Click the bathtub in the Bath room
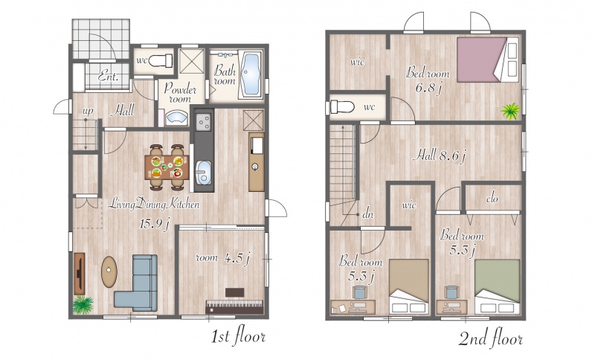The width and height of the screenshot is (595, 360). pos(251,74)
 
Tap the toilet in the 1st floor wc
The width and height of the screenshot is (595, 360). pos(161,61)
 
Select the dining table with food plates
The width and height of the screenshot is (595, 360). pos(167,167)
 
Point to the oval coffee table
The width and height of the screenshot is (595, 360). pos(109,271)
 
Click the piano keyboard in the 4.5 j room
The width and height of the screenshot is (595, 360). pos(234,306)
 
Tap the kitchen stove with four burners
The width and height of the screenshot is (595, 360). pos(204,122)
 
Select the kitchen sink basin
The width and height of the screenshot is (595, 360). pos(204,173)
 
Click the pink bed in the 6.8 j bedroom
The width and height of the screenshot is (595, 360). pos(488,60)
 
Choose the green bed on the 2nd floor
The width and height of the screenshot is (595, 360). pos(497,287)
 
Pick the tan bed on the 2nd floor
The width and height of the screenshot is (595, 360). pos(409,287)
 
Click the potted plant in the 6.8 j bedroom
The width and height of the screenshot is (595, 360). pos(510,111)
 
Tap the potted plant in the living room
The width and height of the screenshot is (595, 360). pos(83,305)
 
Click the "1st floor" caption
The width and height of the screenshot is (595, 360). pos(238,336)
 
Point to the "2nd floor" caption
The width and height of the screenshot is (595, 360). pos(490,338)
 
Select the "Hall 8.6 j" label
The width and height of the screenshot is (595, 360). pos(440,155)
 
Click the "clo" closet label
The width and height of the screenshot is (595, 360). pos(492,199)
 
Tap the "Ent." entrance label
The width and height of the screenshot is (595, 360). pos(108,77)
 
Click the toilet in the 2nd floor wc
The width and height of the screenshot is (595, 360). pos(342,107)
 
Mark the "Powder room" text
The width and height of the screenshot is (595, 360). pos(180,93)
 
